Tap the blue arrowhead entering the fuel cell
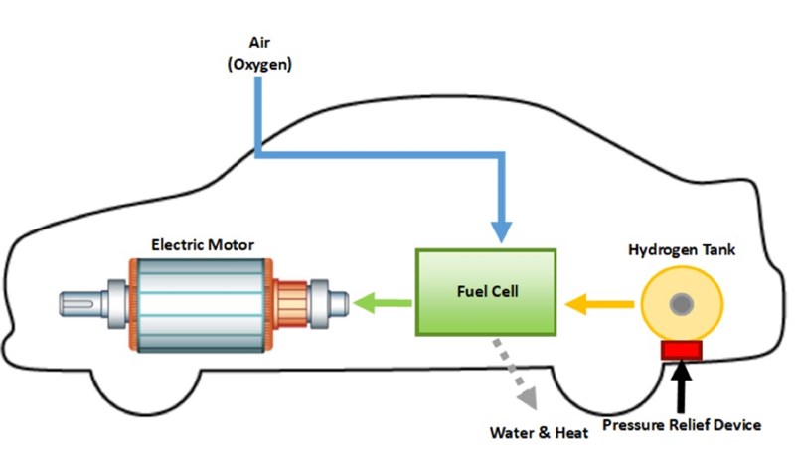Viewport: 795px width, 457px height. tap(501, 231)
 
